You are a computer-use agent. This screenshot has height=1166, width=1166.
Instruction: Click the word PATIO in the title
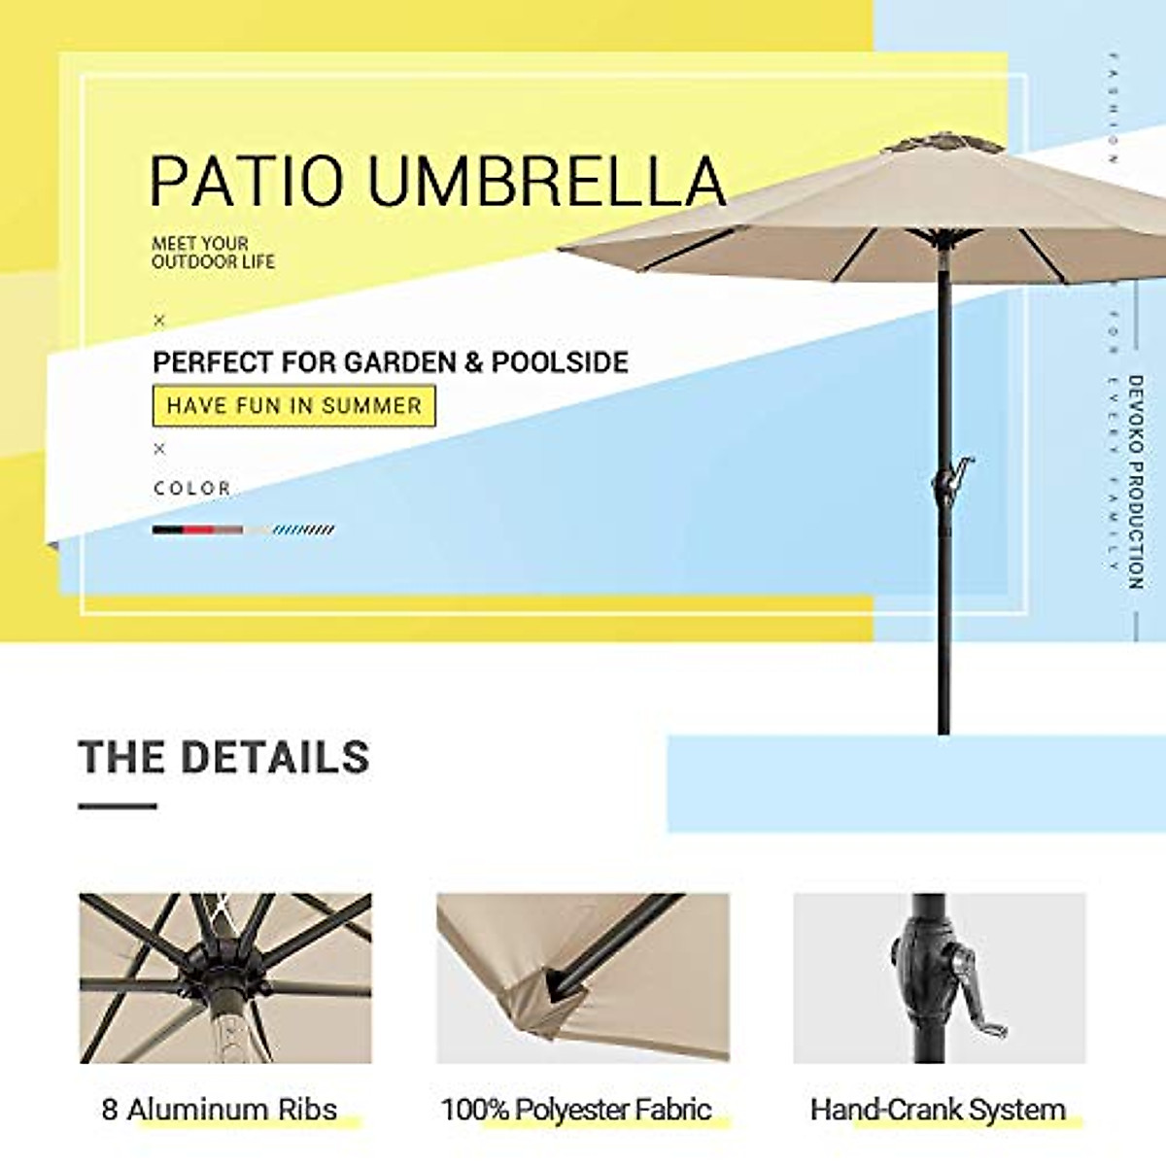coord(247,181)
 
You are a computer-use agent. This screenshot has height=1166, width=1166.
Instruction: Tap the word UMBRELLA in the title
coord(546,181)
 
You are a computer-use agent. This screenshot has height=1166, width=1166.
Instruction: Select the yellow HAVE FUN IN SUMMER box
coord(293,405)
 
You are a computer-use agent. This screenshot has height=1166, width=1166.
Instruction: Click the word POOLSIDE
coord(560,362)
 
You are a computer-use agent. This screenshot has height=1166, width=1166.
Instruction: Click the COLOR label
coord(192,488)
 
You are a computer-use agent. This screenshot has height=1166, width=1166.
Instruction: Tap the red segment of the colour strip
coord(198,530)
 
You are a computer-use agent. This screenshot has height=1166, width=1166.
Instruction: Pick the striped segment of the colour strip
coord(304,530)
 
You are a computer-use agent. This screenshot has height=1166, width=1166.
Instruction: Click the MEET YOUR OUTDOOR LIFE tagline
coord(213,253)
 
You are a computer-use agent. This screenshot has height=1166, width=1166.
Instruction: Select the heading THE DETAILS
coord(224,757)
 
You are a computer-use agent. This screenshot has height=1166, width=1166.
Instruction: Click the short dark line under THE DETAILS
coord(118,806)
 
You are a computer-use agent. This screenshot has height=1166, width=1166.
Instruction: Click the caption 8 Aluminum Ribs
coord(220,1109)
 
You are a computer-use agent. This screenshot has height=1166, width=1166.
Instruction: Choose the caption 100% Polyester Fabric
coord(576,1109)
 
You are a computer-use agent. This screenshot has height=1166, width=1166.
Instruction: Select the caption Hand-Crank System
coord(938,1109)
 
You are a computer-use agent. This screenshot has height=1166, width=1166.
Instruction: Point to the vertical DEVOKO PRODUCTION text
coord(1135,482)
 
